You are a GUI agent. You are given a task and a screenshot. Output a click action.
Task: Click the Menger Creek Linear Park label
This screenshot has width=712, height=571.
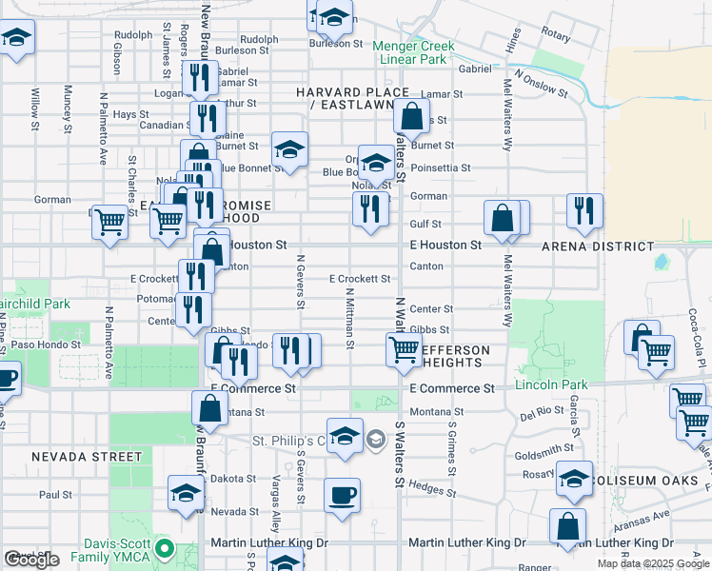(413, 52)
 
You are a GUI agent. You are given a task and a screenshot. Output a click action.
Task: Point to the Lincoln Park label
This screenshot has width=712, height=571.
(551, 384)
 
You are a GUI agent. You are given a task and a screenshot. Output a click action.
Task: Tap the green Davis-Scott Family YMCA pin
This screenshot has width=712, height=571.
(164, 549)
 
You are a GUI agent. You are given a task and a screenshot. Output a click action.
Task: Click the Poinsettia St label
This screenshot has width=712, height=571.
(440, 167)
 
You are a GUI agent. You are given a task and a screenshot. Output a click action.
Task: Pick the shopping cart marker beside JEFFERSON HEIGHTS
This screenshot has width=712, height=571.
(404, 349)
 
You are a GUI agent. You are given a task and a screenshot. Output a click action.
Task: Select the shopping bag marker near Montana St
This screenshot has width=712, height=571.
(209, 408)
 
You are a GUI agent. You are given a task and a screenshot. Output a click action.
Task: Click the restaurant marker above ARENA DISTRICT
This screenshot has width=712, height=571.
(583, 210)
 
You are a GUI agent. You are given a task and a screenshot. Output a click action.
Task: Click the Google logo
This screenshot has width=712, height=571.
(32, 560)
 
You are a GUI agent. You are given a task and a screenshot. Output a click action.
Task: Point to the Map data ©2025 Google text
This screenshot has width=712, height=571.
(653, 563)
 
